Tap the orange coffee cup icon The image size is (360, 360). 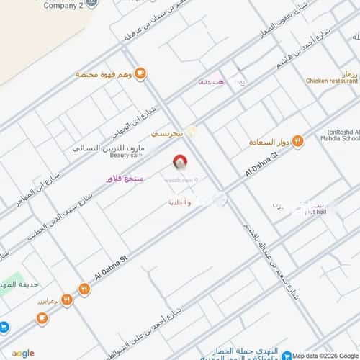140,73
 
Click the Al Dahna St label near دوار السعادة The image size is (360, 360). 261,166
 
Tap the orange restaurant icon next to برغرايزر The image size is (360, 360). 66,298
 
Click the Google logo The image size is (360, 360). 22,353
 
